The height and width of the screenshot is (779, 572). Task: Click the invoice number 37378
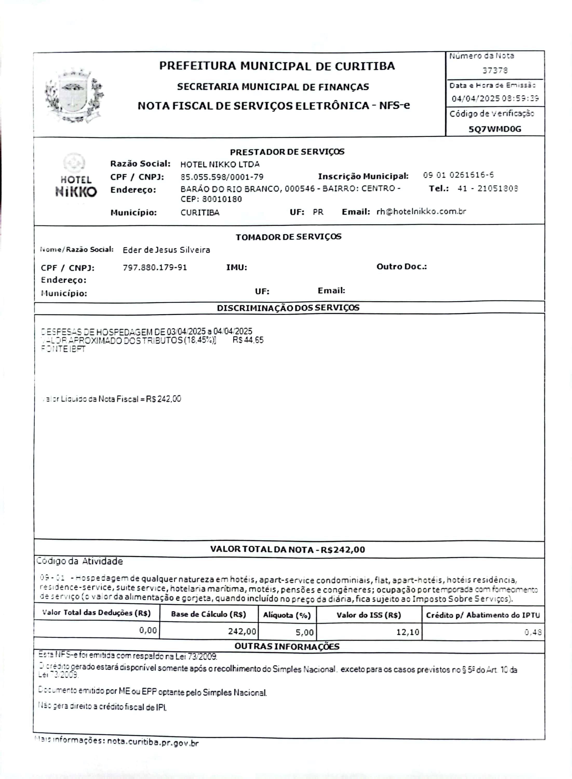pyautogui.click(x=495, y=70)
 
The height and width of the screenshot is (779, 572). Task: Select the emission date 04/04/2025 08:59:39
pyautogui.click(x=495, y=98)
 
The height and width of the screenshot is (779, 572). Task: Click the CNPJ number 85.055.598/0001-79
pyautogui.click(x=222, y=177)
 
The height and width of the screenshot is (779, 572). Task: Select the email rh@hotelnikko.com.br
pyautogui.click(x=421, y=212)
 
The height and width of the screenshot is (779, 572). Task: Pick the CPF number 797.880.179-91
pyautogui.click(x=155, y=267)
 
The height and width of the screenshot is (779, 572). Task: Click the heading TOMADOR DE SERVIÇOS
pyautogui.click(x=288, y=237)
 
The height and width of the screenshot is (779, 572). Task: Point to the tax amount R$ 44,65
pyautogui.click(x=248, y=340)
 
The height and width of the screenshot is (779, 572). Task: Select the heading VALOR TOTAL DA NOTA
pyautogui.click(x=287, y=549)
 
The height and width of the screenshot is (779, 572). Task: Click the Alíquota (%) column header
pyautogui.click(x=287, y=615)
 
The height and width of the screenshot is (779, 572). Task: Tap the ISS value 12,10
pyautogui.click(x=408, y=632)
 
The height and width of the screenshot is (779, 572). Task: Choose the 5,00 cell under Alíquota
pyautogui.click(x=304, y=632)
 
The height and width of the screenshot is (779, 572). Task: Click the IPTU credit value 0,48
pyautogui.click(x=533, y=632)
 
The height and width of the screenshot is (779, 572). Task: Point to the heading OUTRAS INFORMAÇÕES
pyautogui.click(x=287, y=646)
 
